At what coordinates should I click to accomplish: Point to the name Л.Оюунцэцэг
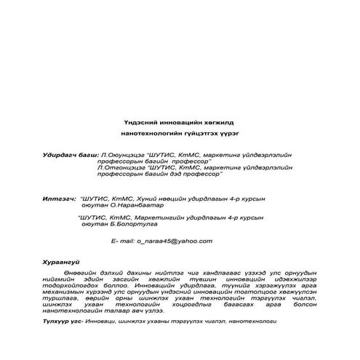[x=119, y=155]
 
